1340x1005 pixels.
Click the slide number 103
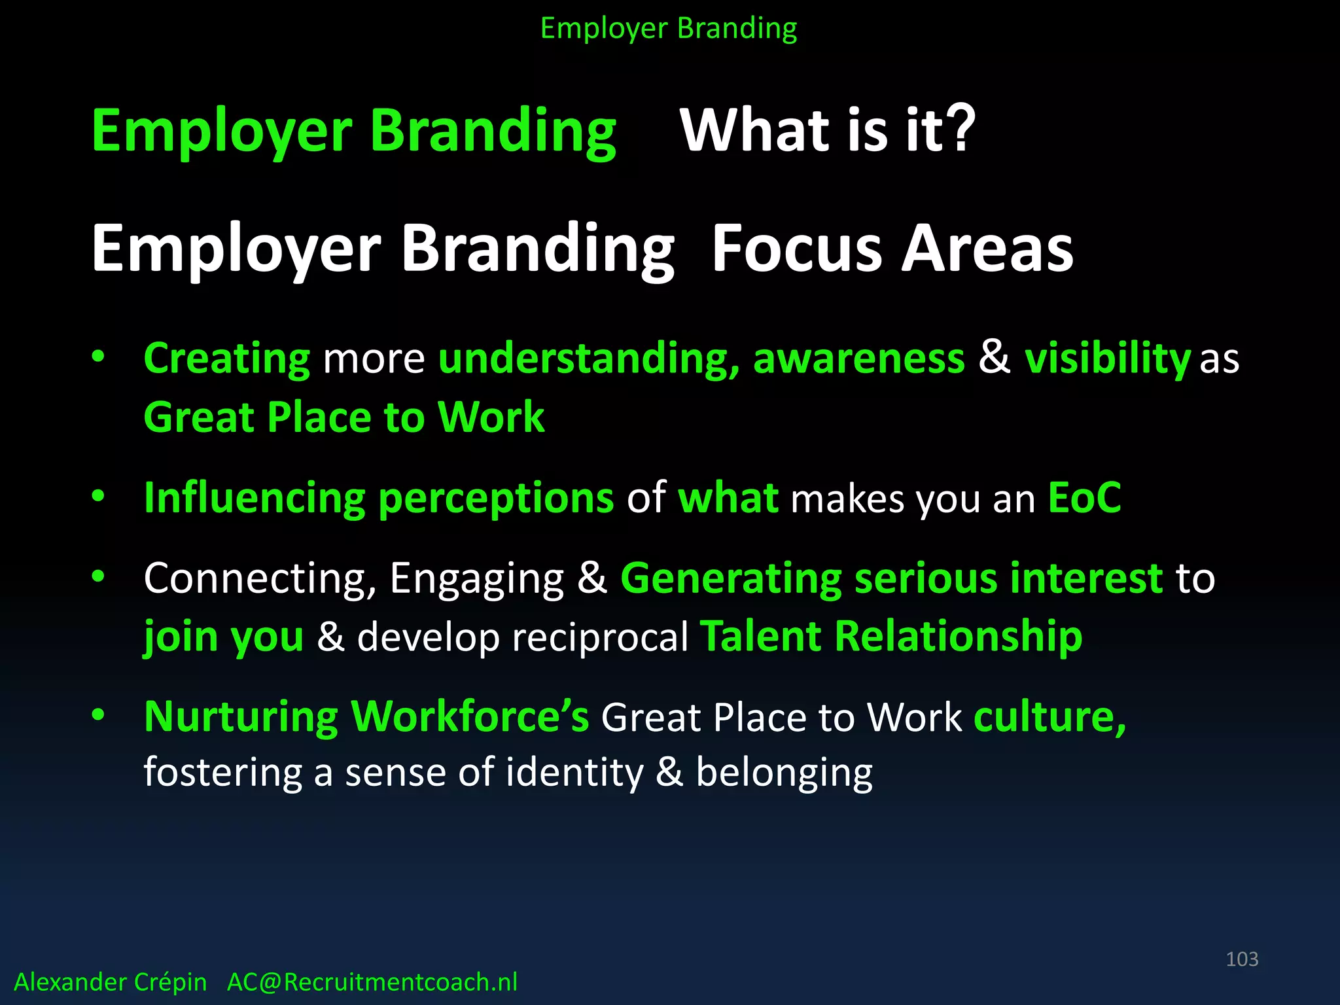(1241, 959)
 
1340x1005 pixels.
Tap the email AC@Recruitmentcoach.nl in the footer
(372, 982)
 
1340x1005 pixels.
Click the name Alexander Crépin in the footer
(110, 982)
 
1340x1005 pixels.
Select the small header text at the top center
(668, 29)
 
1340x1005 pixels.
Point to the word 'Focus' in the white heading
(796, 249)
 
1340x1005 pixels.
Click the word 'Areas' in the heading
(987, 249)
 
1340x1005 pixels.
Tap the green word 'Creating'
(226, 359)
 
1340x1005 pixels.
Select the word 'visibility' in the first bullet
(1106, 359)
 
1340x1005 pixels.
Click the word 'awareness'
(858, 359)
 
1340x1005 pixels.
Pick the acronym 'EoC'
(1084, 498)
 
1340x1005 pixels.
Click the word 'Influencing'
(254, 498)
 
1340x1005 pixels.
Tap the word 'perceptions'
(495, 499)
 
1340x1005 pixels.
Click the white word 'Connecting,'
(260, 579)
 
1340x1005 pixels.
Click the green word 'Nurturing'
(241, 717)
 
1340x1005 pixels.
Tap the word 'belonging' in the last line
(783, 773)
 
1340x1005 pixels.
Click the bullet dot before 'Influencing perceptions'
(98, 496)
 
